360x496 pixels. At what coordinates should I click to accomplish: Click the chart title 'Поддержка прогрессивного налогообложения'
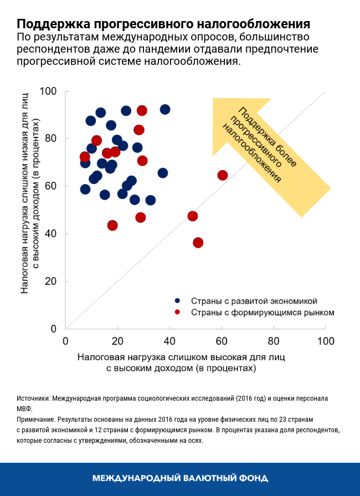coord(163,24)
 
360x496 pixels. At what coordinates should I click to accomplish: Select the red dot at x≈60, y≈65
coord(223,175)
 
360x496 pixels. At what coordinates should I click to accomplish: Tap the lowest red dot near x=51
coord(198,243)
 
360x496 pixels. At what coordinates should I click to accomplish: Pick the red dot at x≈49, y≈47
coord(193,216)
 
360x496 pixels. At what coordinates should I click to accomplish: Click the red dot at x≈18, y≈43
coord(112,226)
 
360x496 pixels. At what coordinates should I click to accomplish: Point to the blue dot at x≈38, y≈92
coord(165,109)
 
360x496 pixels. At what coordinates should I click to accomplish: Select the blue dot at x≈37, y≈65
coord(163,173)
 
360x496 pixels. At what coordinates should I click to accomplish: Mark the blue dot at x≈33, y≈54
coord(151,200)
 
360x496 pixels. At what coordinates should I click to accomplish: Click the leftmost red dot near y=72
coord(85,157)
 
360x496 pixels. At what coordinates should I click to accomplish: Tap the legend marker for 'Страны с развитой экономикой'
coord(177,301)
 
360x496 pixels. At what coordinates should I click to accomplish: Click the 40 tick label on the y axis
coord(52,234)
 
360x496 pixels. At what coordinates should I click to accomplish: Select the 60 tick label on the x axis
coord(222,340)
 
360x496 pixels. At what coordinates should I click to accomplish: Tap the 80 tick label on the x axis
coord(274,340)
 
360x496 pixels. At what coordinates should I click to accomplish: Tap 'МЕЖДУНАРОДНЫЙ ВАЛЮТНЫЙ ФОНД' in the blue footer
coord(180,478)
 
